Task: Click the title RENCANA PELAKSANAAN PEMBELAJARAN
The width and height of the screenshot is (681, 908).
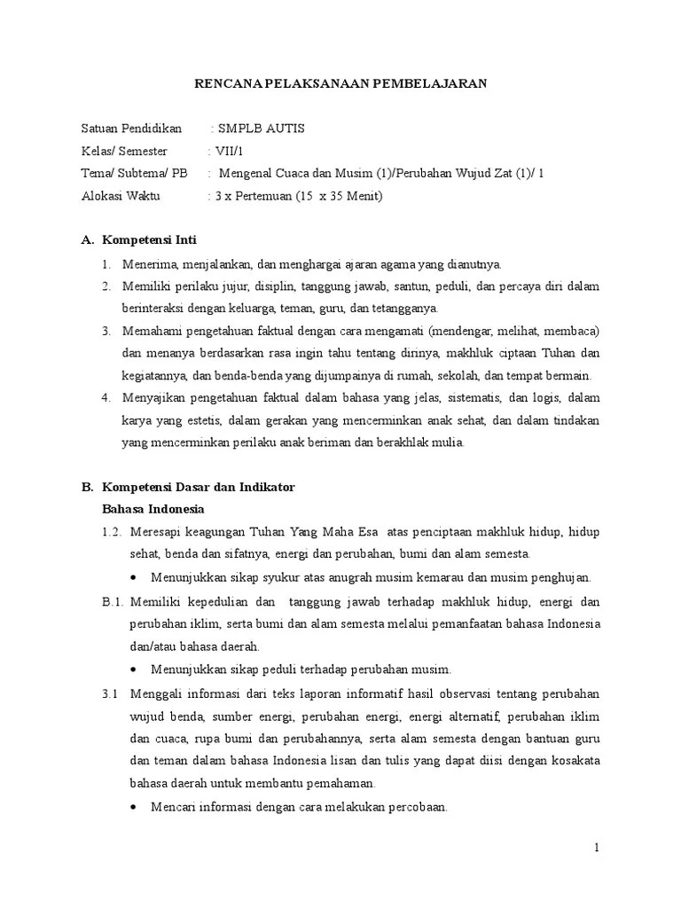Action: (340, 84)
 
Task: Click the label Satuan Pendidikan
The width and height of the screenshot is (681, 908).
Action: (131, 129)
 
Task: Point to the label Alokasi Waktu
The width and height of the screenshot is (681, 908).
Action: (121, 196)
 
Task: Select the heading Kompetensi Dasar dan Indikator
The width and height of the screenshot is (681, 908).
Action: (199, 488)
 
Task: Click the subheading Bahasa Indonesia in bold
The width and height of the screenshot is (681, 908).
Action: (153, 510)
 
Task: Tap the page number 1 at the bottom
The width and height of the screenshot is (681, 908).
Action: (598, 849)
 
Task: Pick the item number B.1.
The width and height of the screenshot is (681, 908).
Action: (111, 601)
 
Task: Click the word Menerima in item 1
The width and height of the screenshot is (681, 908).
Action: (151, 264)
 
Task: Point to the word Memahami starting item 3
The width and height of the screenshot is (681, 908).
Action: (153, 332)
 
